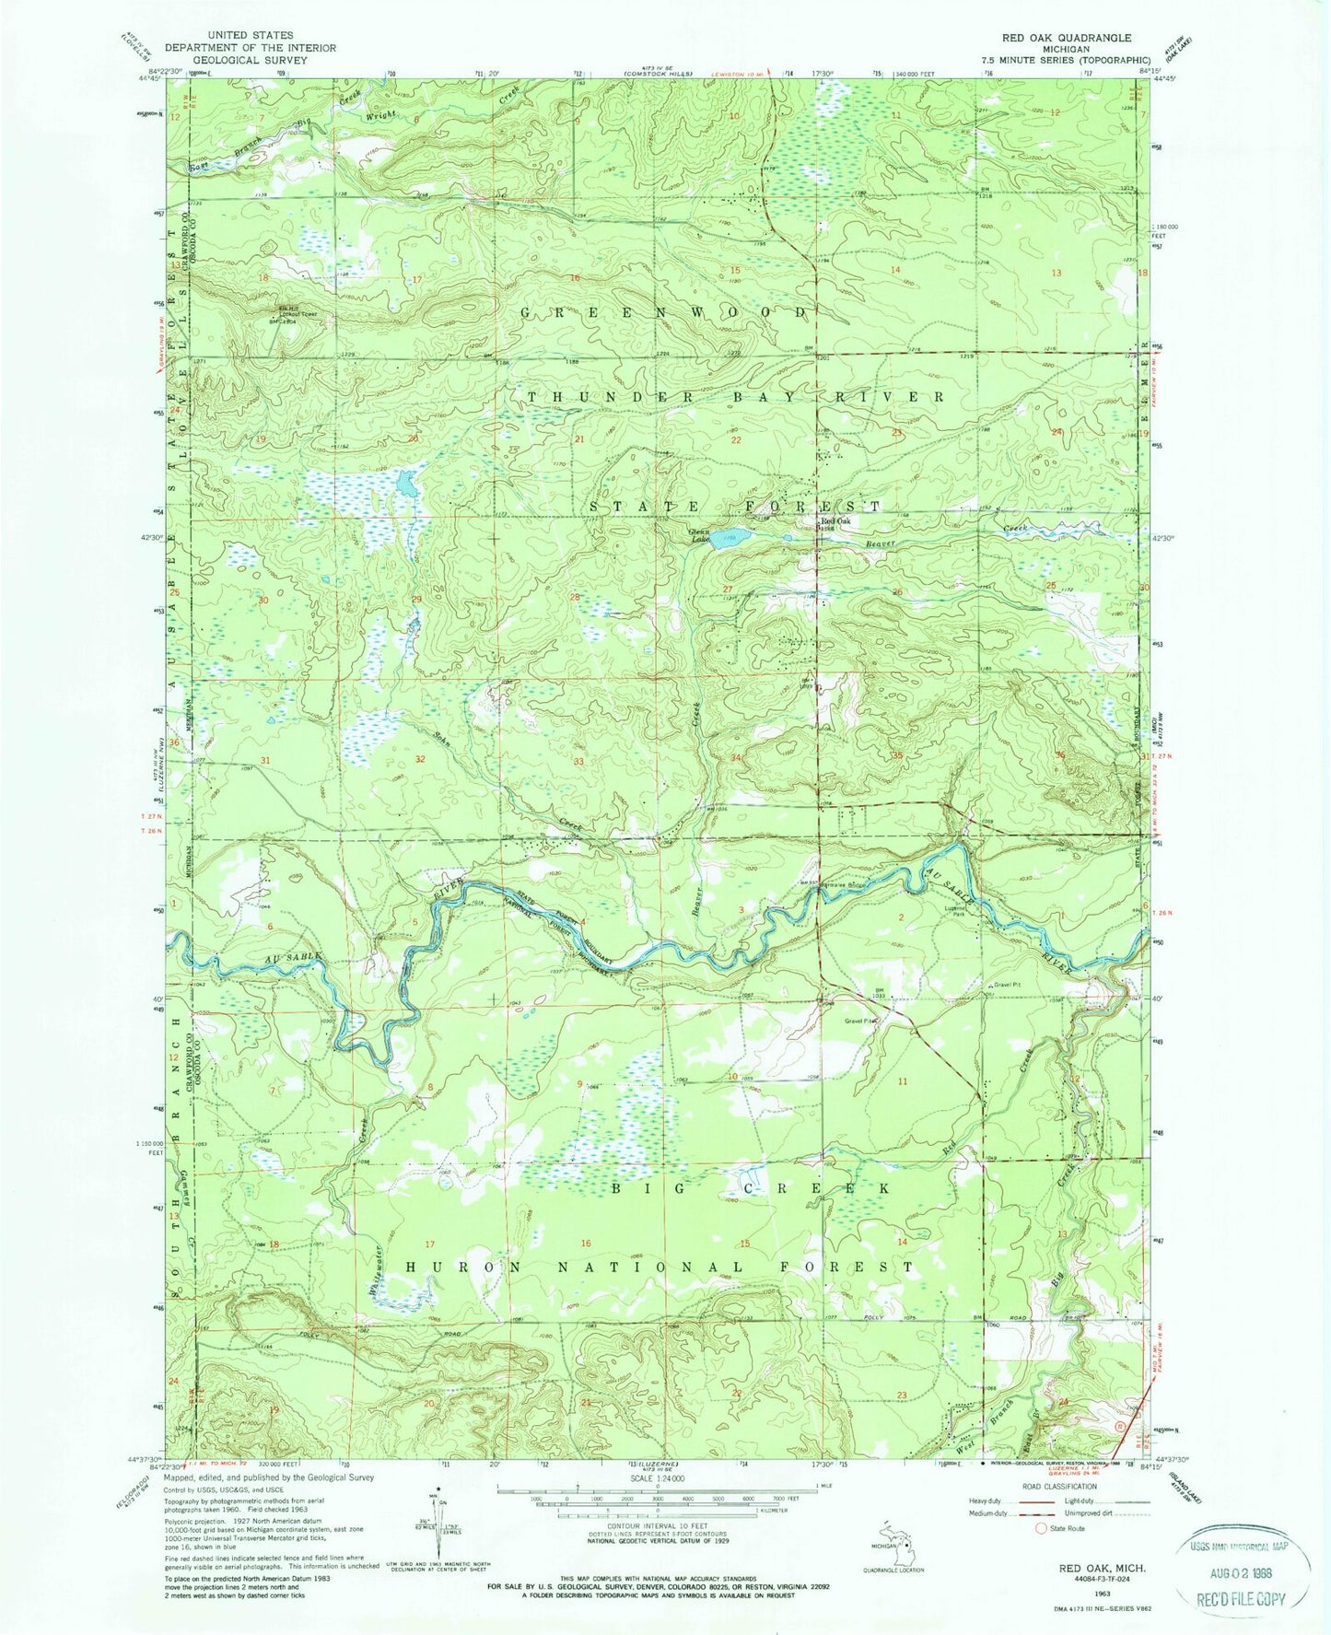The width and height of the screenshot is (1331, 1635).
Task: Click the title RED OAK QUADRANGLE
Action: pos(1055,38)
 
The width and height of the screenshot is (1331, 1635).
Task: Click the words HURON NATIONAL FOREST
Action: pos(660,1268)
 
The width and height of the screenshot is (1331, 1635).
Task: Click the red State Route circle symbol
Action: pos(1042,1528)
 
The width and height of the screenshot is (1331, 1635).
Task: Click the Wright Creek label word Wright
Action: pos(379,115)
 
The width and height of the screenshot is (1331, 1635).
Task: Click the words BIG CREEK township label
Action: pos(751,1189)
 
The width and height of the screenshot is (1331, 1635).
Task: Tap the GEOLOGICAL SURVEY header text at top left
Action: pos(250,59)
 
